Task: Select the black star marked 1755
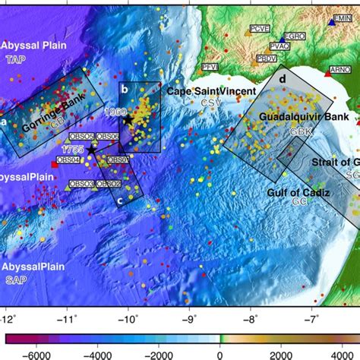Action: coord(91,150)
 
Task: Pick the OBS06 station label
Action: coord(107,137)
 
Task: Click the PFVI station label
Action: coord(210,67)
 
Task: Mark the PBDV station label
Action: coord(267,58)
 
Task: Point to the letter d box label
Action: coord(282,79)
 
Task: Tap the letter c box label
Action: coord(119,200)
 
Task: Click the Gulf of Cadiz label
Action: coord(298,193)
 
